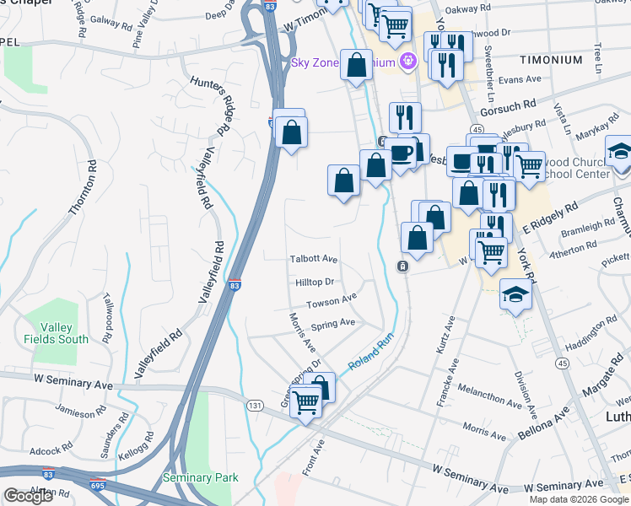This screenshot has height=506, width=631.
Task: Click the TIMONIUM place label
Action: coord(550,60)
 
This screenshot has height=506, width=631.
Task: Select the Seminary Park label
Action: coord(200,477)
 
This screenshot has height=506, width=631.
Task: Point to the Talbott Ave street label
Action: coord(314,260)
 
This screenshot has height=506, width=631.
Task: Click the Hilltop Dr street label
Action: coord(315,282)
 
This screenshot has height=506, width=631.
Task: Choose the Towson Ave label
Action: coord(332,301)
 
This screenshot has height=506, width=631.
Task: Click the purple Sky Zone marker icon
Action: coord(408,61)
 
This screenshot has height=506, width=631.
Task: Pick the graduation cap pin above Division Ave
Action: coord(515,296)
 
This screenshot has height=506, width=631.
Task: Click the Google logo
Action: coord(28,496)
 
